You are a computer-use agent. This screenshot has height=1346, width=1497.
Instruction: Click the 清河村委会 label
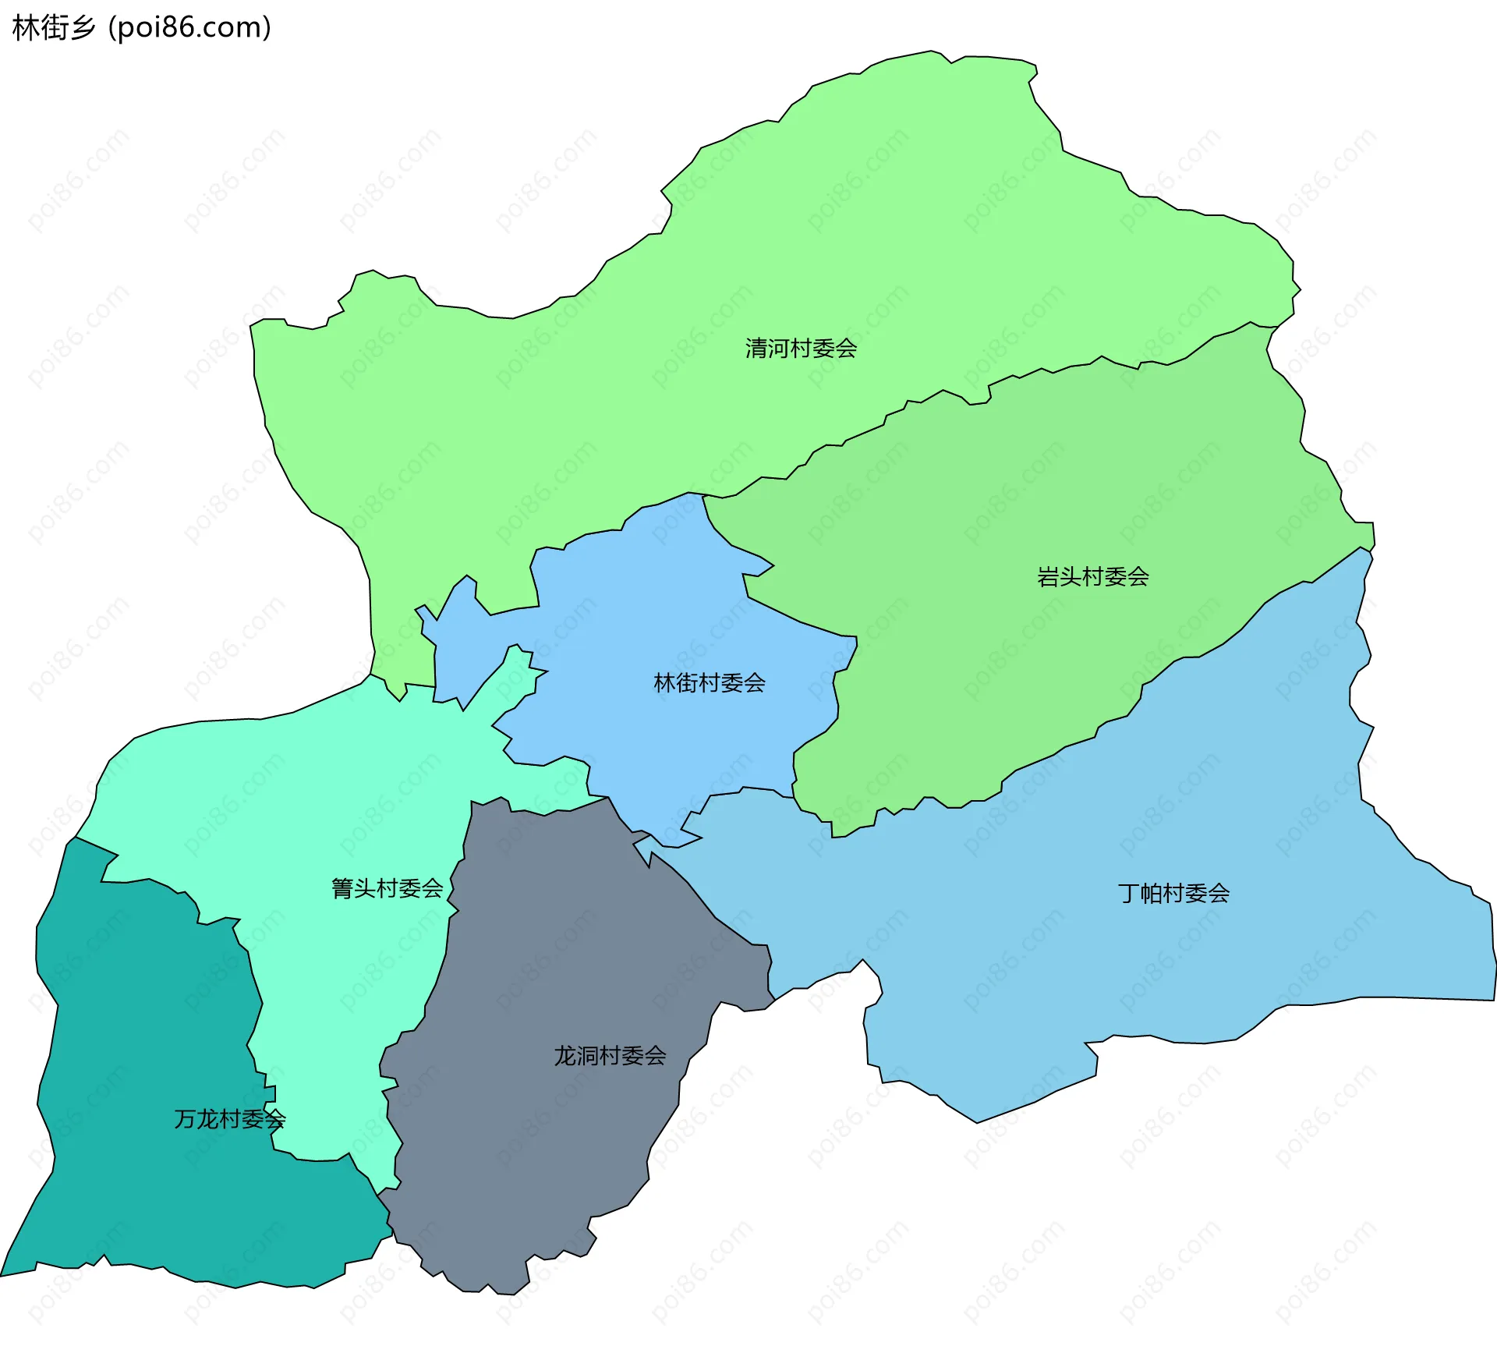click(x=801, y=348)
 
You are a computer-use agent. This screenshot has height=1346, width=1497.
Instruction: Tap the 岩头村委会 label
click(x=1092, y=577)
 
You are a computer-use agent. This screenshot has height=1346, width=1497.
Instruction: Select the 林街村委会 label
click(x=709, y=683)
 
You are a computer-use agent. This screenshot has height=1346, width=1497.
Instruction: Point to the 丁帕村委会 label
click(x=1173, y=893)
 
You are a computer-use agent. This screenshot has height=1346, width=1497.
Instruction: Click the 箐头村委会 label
click(x=387, y=888)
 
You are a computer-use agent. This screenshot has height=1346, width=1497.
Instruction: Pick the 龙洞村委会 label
click(x=610, y=1056)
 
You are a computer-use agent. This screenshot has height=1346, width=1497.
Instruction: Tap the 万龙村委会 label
click(x=229, y=1119)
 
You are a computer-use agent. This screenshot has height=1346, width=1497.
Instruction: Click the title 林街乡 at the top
click(x=53, y=28)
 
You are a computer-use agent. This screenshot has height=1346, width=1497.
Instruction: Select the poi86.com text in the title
click(x=189, y=28)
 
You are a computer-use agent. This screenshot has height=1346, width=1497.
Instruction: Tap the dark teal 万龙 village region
click(x=140, y=1053)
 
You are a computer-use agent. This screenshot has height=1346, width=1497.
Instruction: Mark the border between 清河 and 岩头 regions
click(x=1014, y=376)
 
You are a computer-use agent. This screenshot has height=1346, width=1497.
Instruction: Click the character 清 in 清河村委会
click(x=756, y=348)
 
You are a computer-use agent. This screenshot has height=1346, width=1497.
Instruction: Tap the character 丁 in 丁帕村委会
click(x=1128, y=893)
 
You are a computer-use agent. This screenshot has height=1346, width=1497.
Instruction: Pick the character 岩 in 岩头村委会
click(x=1047, y=577)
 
